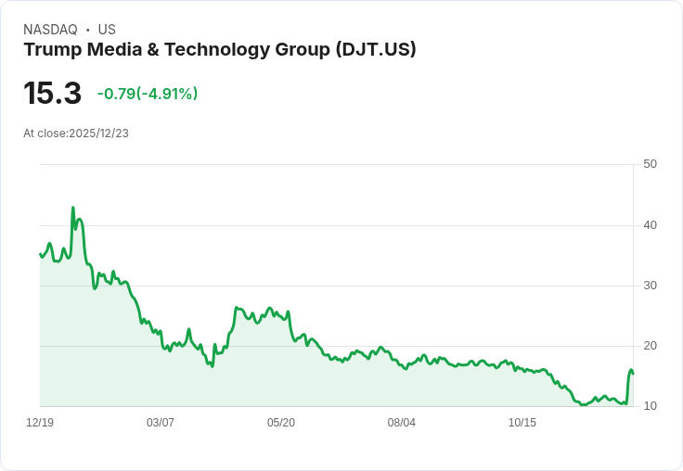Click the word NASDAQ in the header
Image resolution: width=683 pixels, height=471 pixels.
tap(50, 30)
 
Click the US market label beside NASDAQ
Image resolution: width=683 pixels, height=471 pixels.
tap(107, 30)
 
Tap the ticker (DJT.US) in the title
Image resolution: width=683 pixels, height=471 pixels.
tap(375, 50)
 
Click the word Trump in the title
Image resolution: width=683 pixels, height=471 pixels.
tap(50, 50)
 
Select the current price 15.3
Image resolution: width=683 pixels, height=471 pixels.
tap(52, 94)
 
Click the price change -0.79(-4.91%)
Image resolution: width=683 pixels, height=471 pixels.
tap(148, 94)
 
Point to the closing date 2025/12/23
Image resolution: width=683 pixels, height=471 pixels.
tap(98, 134)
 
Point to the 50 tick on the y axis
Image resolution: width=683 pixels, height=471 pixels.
tap(650, 164)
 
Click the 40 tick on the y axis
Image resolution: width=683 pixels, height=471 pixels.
tap(650, 225)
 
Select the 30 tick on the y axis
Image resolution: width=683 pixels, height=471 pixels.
tap(650, 286)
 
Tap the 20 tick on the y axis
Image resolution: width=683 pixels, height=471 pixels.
tap(650, 346)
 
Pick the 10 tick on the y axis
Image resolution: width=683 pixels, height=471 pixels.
tap(650, 406)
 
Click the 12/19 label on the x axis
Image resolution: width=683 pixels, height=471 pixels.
tap(40, 423)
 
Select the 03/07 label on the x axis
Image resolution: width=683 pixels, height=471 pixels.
tap(161, 423)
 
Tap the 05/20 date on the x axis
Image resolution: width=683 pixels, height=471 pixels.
tap(281, 423)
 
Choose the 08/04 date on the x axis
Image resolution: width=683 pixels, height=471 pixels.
tap(402, 423)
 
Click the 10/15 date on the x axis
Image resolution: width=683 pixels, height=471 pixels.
tap(522, 423)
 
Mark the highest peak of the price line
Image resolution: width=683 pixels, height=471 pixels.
tap(73, 208)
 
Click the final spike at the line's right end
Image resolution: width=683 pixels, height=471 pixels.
tap(631, 370)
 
